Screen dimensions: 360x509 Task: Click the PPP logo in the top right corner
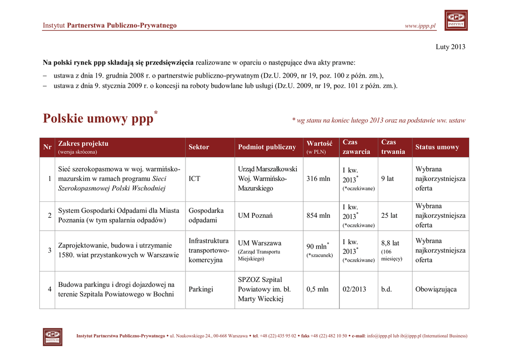tap(456, 20)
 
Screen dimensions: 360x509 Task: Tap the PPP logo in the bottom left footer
tap(52, 337)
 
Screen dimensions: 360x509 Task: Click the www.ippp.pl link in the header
tap(420, 26)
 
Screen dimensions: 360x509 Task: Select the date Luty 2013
tap(450, 47)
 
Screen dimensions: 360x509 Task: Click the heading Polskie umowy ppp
tap(98, 119)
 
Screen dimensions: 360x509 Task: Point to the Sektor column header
tap(199, 147)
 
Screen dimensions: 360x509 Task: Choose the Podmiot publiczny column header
tap(267, 147)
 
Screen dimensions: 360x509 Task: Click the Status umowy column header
tap(437, 147)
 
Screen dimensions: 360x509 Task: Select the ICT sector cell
tap(195, 179)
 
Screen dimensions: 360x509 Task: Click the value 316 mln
tap(318, 179)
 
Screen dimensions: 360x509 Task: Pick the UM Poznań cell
tap(255, 216)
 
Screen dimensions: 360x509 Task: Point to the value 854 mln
tap(318, 216)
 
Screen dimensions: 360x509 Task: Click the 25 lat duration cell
tap(389, 216)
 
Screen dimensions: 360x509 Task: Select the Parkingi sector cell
tap(201, 289)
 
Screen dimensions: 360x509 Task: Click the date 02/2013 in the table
tap(354, 289)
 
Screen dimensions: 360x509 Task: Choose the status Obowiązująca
tap(436, 289)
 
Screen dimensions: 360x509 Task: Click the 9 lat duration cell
tap(387, 179)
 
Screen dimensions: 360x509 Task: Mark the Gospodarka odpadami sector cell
tap(206, 215)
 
